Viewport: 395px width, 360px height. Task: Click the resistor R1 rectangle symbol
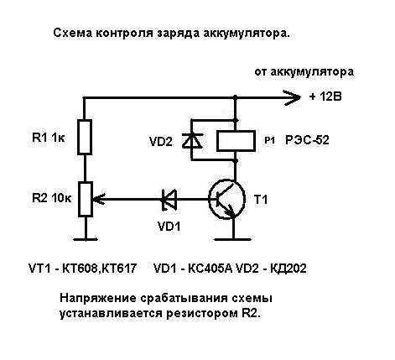[x=85, y=137]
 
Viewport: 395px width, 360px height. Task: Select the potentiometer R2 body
[x=86, y=199]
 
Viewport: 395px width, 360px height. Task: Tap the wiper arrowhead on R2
[x=98, y=199]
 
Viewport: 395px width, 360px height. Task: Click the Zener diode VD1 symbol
[x=169, y=200]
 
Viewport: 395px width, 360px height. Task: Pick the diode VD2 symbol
[x=192, y=140]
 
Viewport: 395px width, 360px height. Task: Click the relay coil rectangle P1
[x=236, y=141]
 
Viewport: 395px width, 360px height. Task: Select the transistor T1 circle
[x=226, y=200]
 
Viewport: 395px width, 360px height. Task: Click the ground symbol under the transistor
[x=232, y=239]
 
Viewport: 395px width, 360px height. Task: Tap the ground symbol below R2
[x=86, y=239]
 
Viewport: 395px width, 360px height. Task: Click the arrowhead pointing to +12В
[x=292, y=97]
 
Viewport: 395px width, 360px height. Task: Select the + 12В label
[x=325, y=97]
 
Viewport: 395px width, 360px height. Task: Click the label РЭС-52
[x=307, y=140]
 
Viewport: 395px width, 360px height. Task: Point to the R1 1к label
[x=49, y=138]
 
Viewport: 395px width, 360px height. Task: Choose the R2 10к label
[x=52, y=198]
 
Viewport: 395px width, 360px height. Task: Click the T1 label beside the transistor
[x=261, y=200]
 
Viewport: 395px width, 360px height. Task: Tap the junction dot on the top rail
[x=235, y=97]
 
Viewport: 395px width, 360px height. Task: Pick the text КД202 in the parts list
[x=288, y=269]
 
